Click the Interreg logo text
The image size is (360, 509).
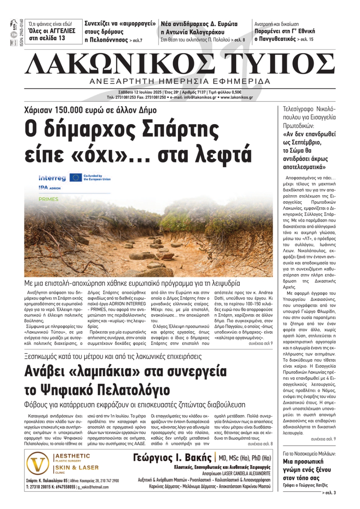click(x=52, y=178)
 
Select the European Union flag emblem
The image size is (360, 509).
click(x=76, y=177)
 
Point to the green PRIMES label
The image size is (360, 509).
click(x=48, y=199)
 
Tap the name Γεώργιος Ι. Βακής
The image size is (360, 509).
click(x=172, y=458)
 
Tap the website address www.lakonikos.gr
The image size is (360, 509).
click(x=237, y=97)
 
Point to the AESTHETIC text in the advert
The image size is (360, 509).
click(x=72, y=456)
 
